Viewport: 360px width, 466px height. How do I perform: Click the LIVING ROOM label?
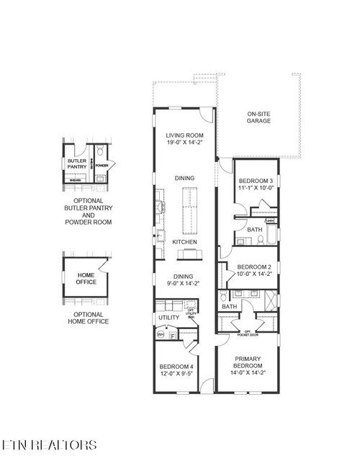[x=184, y=135]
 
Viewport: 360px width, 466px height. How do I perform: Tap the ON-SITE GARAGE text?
[x=258, y=117]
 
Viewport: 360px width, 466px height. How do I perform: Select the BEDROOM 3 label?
[x=256, y=180]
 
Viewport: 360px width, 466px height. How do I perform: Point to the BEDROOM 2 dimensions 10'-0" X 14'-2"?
[x=254, y=273]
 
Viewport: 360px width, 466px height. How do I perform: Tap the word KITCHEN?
[x=184, y=242]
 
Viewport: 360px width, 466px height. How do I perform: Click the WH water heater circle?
[x=161, y=335]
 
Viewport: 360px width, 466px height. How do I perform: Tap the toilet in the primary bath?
[x=224, y=296]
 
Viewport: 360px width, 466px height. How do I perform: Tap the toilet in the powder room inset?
[x=102, y=152]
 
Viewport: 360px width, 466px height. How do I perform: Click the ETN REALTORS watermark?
[x=49, y=444]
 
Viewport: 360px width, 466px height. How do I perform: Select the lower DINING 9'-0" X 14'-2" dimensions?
[x=184, y=283]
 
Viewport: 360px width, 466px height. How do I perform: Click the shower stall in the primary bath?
[x=269, y=298]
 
